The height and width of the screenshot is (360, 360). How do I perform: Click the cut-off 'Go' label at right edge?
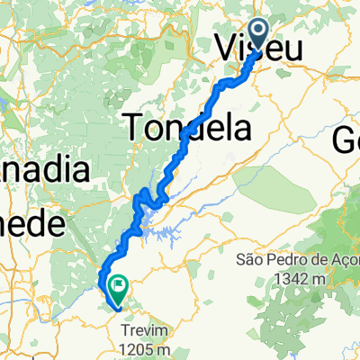346,139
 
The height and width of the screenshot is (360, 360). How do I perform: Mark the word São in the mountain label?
249,260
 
